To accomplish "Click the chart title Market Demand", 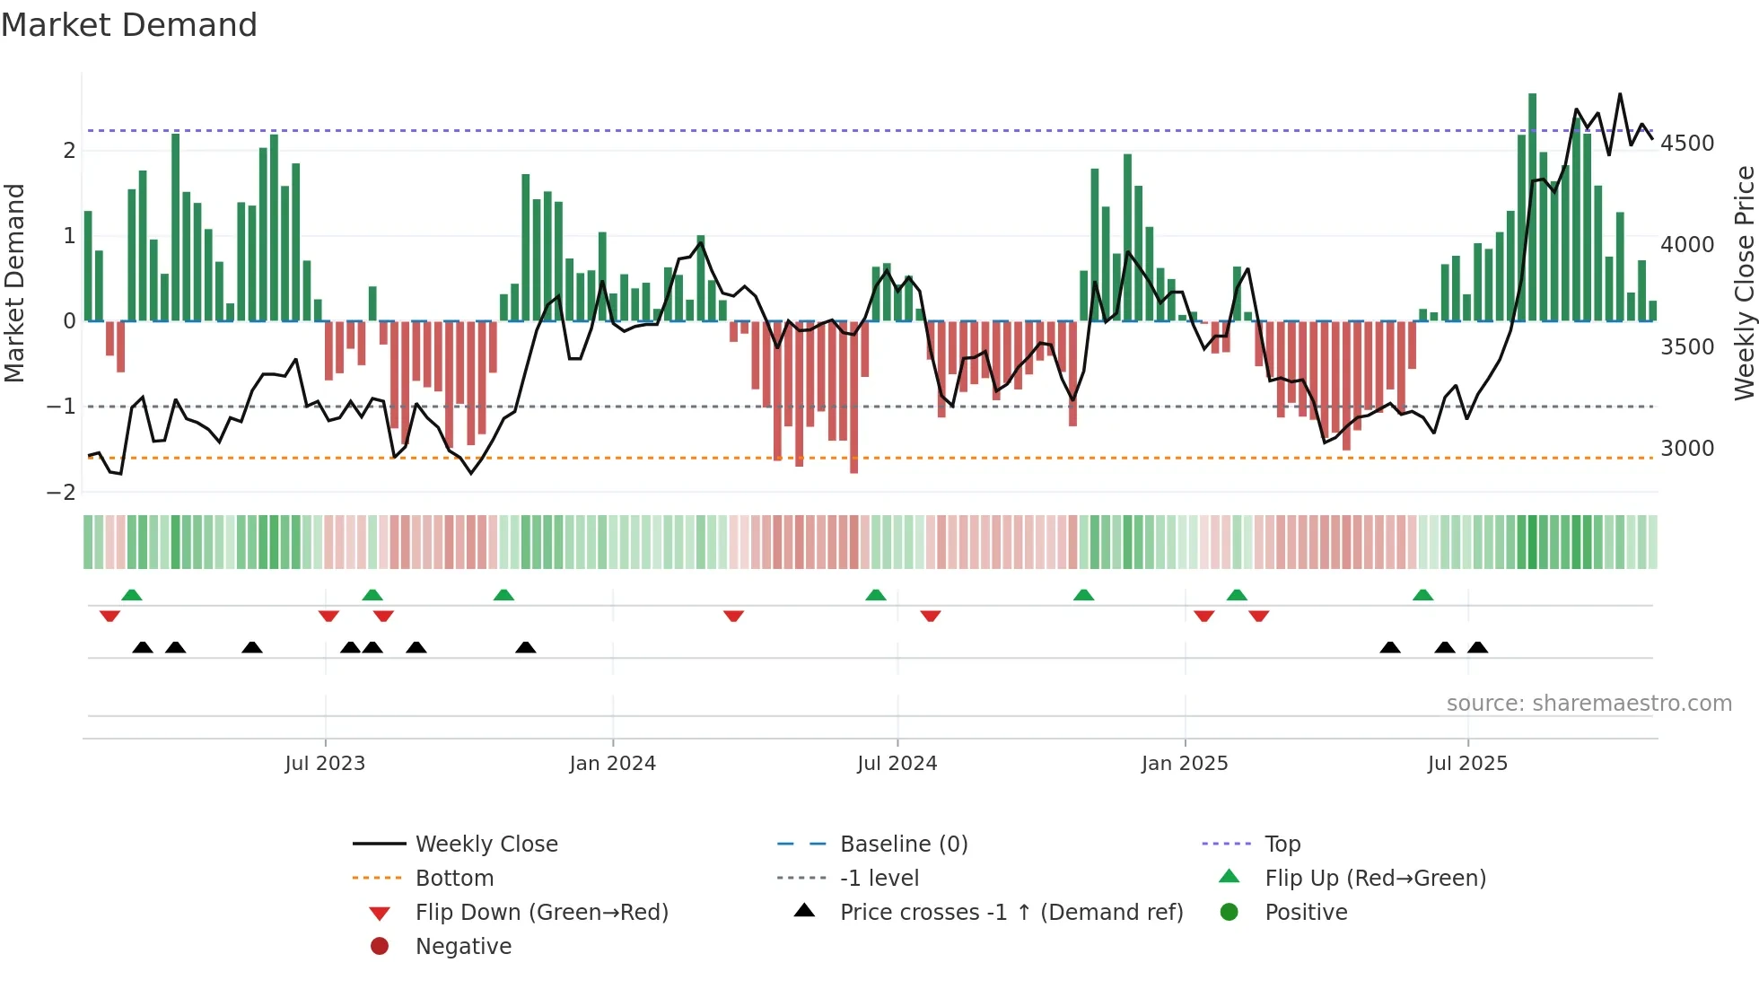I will pyautogui.click(x=129, y=25).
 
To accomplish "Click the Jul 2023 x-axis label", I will pyautogui.click(x=325, y=764).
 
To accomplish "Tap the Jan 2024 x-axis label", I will pyautogui.click(x=612, y=764).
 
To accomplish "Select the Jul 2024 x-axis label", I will pyautogui.click(x=897, y=764).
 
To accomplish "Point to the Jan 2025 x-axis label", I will pyautogui.click(x=1185, y=764).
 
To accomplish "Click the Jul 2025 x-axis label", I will pyautogui.click(x=1467, y=764).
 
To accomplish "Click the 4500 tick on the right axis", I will pyautogui.click(x=1687, y=144).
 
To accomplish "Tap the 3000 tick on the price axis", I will pyautogui.click(x=1687, y=449).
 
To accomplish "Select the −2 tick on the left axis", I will pyautogui.click(x=61, y=493).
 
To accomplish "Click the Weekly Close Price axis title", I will pyautogui.click(x=1744, y=283).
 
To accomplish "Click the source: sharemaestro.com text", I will pyautogui.click(x=1588, y=704).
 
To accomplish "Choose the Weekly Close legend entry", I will pyautogui.click(x=486, y=845).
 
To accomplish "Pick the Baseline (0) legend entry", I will pyautogui.click(x=903, y=845).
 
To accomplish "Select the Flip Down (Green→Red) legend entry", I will pyautogui.click(x=541, y=913).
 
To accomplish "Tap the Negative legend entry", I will pyautogui.click(x=463, y=947).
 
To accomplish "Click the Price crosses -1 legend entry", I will pyautogui.click(x=1011, y=913).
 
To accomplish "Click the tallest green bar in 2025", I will pyautogui.click(x=1532, y=206).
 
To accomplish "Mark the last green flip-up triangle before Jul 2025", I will pyautogui.click(x=1422, y=595).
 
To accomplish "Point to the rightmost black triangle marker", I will pyautogui.click(x=1477, y=647).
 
